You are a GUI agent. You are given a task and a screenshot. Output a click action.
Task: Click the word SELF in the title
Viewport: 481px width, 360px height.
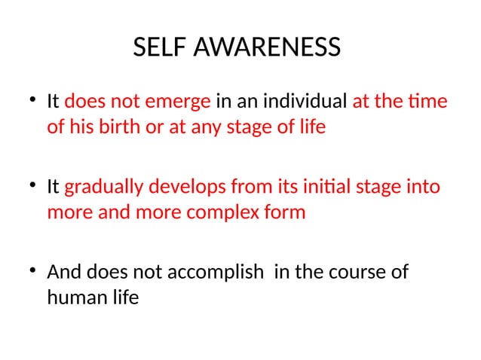157,47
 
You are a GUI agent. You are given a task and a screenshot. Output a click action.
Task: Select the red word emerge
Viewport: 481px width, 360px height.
183,101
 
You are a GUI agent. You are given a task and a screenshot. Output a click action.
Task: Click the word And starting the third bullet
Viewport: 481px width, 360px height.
63,272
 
